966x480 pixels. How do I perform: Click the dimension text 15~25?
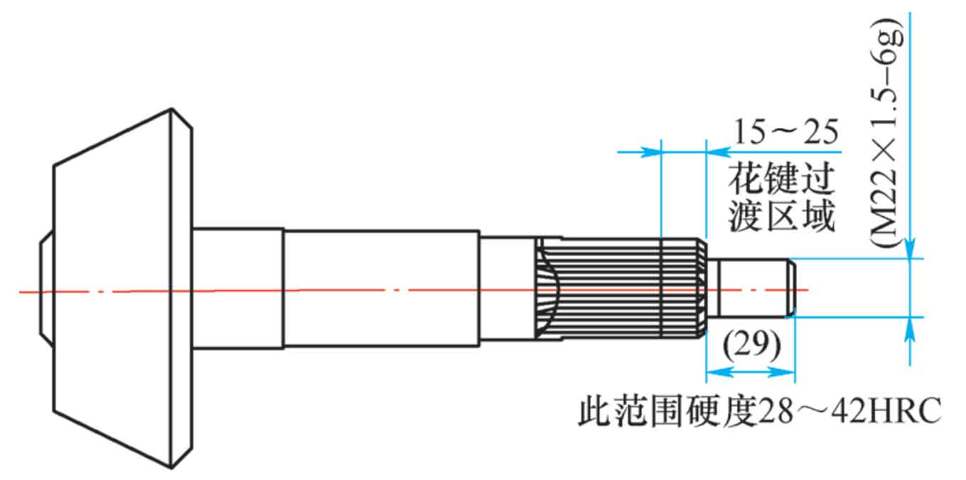(786, 132)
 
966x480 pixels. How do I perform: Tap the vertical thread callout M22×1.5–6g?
(886, 132)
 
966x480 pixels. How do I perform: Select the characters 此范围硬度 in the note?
(667, 410)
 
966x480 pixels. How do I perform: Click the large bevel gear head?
(123, 288)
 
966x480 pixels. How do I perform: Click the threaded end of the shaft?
(751, 288)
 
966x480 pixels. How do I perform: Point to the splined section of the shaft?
(621, 288)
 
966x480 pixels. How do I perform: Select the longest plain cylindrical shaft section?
(382, 288)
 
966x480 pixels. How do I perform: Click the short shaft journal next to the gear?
(238, 288)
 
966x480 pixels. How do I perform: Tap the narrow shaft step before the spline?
(508, 288)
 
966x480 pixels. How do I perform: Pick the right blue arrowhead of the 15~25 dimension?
(718, 151)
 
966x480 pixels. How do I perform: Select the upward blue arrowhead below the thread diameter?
(910, 329)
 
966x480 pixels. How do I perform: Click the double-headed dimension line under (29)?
(751, 372)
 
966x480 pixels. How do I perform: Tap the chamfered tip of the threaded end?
(793, 288)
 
